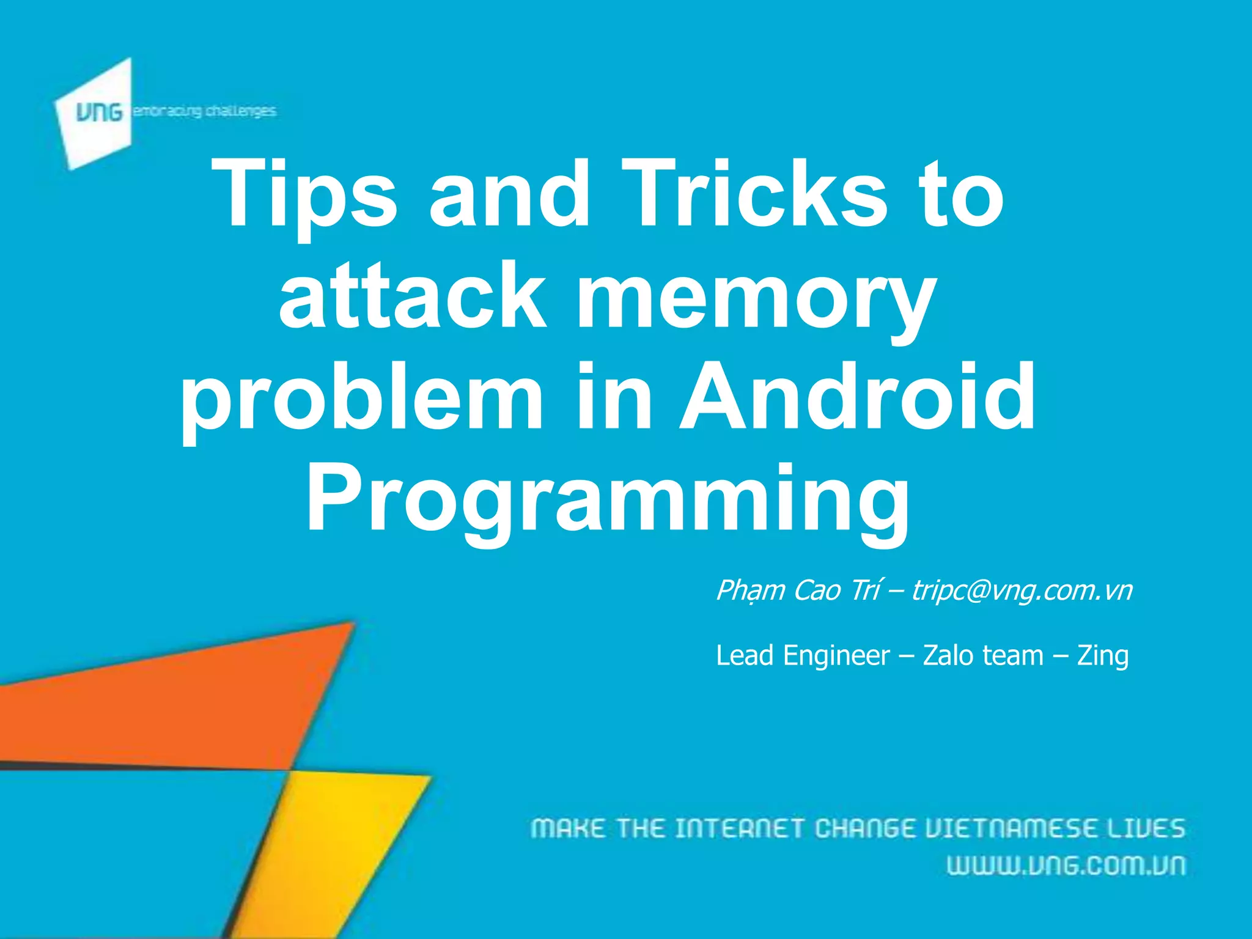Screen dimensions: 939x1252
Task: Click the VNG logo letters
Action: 98,112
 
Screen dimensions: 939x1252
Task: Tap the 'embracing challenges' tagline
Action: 205,111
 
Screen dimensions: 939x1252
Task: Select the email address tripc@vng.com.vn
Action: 1022,591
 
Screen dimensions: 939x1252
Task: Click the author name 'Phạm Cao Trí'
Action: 798,591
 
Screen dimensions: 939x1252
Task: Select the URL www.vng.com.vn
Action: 1066,866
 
